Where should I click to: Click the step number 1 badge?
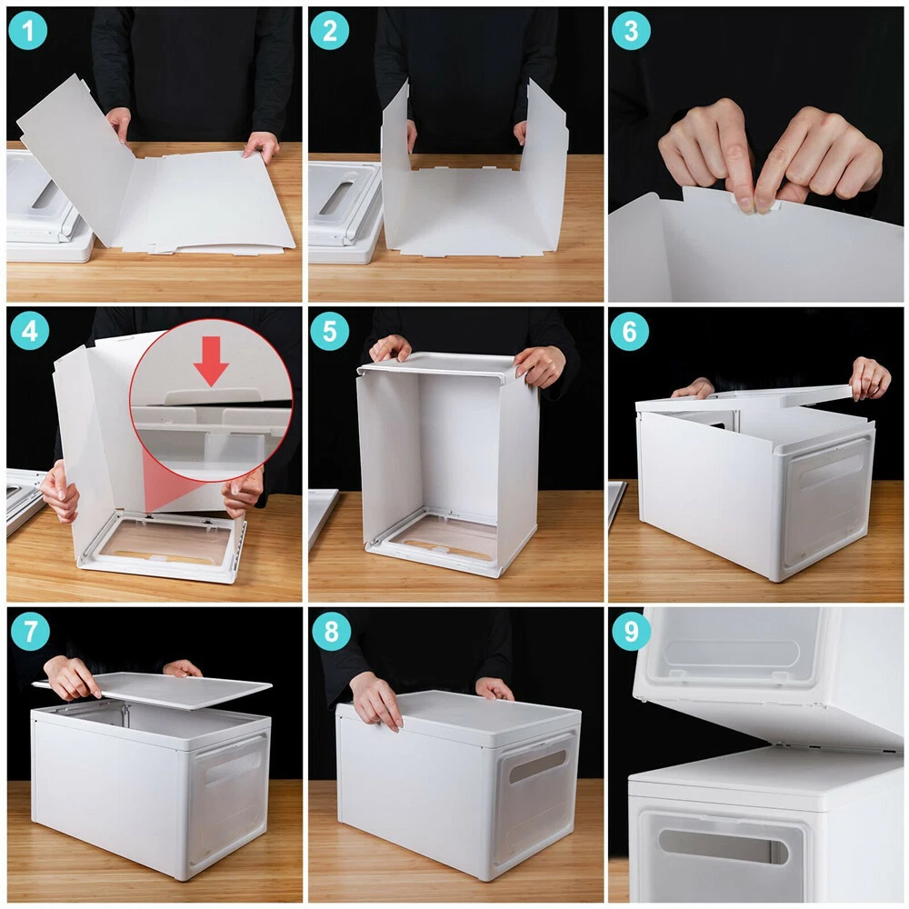point(28,30)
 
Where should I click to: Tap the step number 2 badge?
point(329,30)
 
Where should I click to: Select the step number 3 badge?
point(631,30)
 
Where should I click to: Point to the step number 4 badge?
point(30,331)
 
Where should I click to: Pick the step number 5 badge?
point(329,331)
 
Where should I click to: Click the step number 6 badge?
point(629,331)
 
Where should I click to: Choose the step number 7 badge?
point(30,632)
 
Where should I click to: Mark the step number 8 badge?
point(331,632)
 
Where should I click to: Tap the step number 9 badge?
point(631,632)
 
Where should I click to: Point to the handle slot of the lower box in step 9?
point(723,847)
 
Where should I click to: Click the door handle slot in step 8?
point(537,766)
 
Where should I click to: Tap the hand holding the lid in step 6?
point(870,377)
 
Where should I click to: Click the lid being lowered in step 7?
point(152,691)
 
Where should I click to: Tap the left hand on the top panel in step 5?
point(389,348)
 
